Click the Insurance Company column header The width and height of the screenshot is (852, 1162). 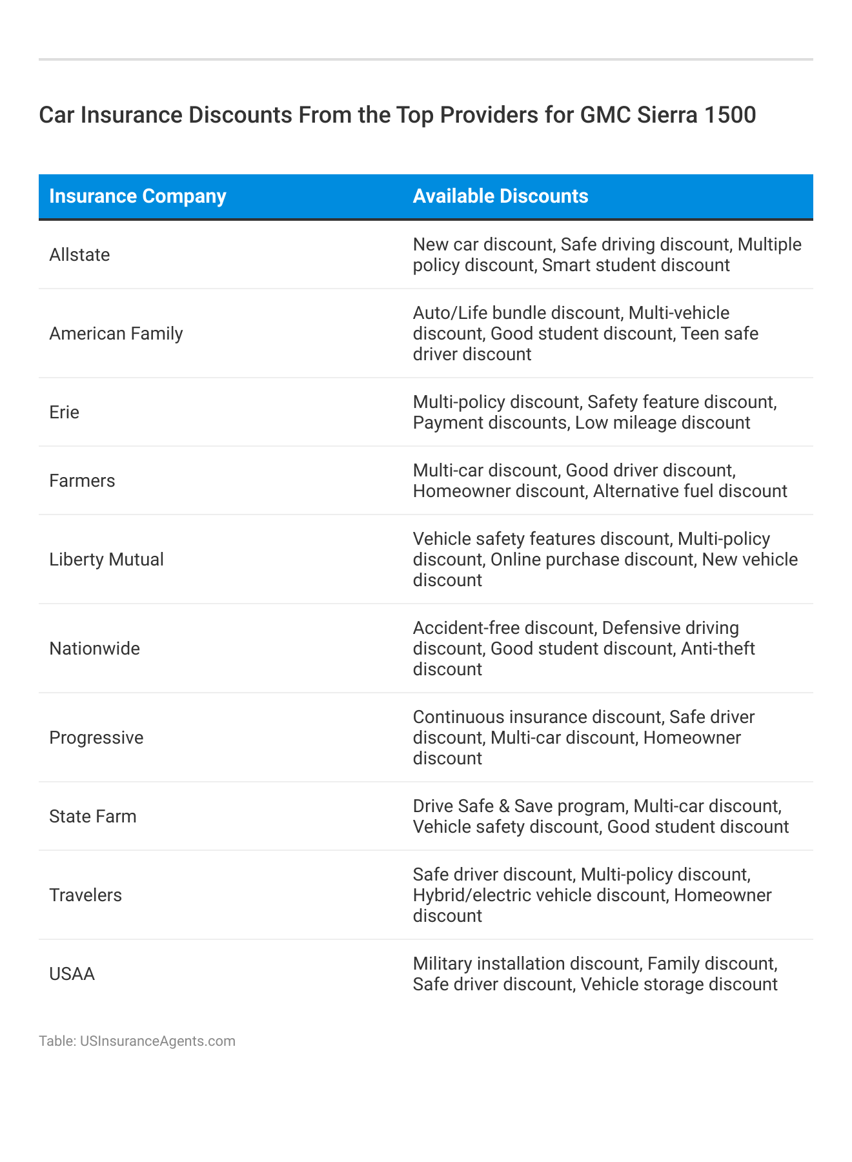(x=137, y=196)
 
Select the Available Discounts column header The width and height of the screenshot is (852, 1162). (x=500, y=196)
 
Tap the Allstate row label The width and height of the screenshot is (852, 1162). (x=79, y=255)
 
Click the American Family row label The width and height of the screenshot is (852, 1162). (x=116, y=334)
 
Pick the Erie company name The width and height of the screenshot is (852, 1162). (x=64, y=413)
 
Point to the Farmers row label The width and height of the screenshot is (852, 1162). (x=82, y=481)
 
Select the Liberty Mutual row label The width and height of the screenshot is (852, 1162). (x=107, y=560)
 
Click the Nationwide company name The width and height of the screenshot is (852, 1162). (x=94, y=649)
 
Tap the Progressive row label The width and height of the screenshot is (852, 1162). (x=96, y=738)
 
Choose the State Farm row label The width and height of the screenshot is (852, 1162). (x=93, y=817)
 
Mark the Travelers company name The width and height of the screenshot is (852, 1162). (x=85, y=895)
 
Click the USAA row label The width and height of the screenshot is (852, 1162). (x=72, y=974)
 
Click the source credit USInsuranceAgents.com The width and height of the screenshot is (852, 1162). (x=157, y=1041)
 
